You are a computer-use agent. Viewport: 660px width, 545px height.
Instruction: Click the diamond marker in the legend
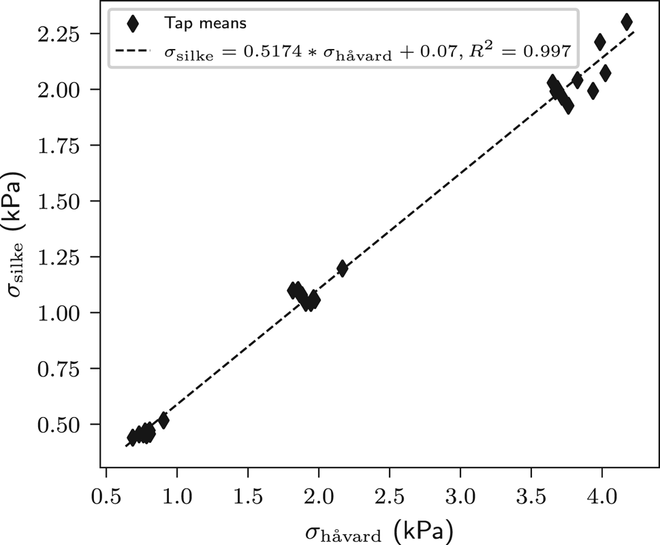click(x=133, y=23)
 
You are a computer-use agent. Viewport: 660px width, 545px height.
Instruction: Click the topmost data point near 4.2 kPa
click(x=627, y=22)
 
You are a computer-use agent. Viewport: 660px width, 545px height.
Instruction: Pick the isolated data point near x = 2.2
click(x=342, y=268)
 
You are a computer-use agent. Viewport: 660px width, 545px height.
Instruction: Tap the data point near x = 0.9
click(x=163, y=420)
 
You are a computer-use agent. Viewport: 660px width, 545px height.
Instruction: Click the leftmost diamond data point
click(x=133, y=437)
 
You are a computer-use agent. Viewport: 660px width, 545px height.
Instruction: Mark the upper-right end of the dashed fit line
click(x=634, y=31)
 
